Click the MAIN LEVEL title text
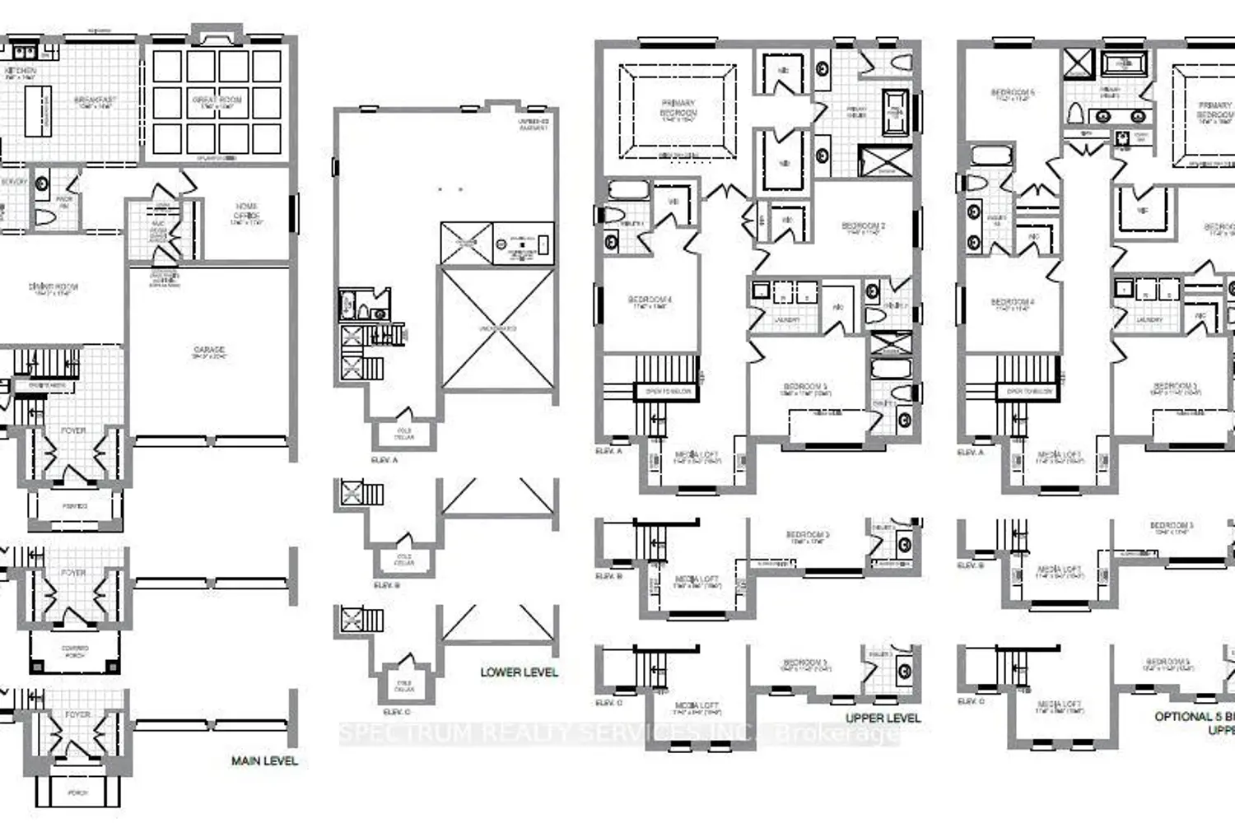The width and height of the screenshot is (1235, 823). [264, 760]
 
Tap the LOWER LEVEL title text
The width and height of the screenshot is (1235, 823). [519, 672]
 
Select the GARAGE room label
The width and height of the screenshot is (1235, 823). [209, 352]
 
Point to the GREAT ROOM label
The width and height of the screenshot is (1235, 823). [217, 102]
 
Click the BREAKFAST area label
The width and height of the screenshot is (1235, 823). [96, 102]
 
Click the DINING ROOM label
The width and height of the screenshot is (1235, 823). [54, 288]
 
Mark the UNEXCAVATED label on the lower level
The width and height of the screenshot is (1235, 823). [498, 328]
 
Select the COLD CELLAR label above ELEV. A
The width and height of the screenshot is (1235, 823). [404, 434]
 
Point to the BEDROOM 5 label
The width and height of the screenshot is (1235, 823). [1013, 95]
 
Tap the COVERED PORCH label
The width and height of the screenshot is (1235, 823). [75, 652]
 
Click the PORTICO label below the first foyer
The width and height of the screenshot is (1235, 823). [75, 506]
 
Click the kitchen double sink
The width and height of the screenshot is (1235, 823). [24, 52]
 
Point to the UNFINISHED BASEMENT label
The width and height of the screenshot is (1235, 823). [533, 124]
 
